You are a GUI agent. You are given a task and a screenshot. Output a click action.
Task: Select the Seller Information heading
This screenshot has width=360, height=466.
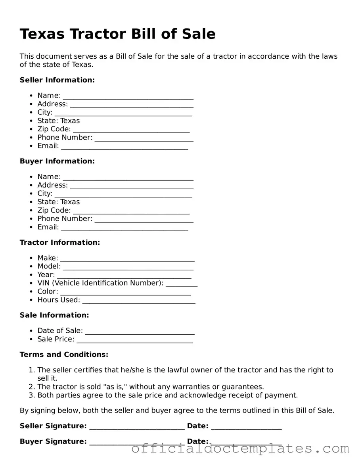pos(57,80)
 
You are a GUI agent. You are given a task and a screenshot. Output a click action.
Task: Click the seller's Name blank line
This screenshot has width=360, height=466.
pos(128,96)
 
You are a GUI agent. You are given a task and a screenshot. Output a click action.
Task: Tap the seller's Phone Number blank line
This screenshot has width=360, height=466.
pos(144,138)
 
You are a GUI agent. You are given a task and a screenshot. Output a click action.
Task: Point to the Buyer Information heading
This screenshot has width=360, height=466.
pos(57,161)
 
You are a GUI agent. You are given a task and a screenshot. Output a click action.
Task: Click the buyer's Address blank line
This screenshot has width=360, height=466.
pos(132,186)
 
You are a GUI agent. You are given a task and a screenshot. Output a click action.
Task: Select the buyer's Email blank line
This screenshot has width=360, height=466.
pos(124,228)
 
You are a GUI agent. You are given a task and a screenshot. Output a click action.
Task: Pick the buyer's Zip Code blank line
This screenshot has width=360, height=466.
pos(131,211)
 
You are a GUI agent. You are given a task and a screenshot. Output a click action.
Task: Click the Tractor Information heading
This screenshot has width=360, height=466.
pos(60,242)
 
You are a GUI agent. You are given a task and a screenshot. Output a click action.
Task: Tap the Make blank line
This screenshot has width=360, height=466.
pos(127,259)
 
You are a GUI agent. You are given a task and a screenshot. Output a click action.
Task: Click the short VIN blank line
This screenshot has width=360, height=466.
pos(182,284)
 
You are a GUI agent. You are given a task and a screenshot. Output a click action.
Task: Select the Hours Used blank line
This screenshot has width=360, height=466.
pos(138,301)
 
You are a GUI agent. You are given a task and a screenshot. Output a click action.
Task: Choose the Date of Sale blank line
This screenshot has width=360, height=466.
pos(140,332)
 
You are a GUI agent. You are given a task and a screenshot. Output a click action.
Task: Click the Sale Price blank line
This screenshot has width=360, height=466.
pos(135,340)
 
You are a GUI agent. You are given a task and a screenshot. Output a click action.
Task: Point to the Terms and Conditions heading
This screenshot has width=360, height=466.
pos(64,355)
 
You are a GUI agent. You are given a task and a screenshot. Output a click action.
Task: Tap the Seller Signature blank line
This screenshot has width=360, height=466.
pos(137,427)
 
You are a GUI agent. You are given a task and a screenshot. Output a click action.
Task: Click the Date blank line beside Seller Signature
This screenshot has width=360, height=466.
pos(246,427)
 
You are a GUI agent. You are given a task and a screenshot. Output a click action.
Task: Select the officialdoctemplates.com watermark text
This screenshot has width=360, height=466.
pos(240,449)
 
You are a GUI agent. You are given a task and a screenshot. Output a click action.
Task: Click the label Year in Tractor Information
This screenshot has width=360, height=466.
pos(46,275)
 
